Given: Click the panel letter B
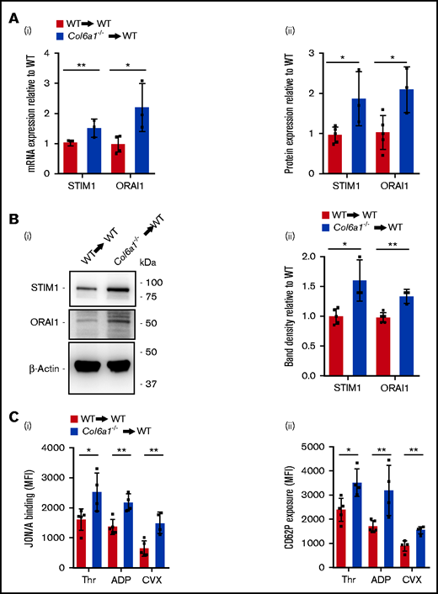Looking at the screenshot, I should (13, 215).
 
